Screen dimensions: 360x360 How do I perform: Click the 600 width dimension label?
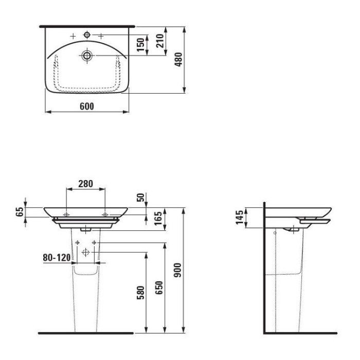point(87,106)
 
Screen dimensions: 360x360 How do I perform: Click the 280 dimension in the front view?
point(85,184)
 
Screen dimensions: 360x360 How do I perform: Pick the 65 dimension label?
point(20,212)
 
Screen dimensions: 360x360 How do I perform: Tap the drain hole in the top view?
point(86,54)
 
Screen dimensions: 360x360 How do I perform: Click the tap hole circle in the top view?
point(87,35)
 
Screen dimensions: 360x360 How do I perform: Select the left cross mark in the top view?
point(73,35)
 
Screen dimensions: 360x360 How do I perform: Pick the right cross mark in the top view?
point(101,35)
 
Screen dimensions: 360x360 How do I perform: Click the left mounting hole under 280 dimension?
point(67,213)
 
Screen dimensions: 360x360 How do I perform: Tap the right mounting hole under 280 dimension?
point(105,213)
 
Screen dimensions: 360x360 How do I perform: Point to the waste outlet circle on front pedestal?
point(86,252)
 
